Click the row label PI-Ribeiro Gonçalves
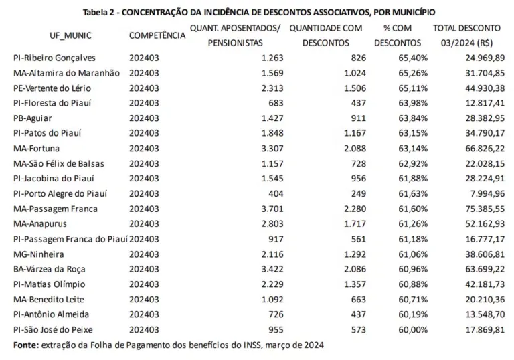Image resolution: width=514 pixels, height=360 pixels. point(55,58)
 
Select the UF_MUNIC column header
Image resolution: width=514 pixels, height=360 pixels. point(70,35)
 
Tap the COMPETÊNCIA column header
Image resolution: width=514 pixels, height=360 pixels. point(157,35)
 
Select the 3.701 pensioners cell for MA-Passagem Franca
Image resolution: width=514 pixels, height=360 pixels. point(271,209)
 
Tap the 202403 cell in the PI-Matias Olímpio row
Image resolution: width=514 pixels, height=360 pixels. point(144,284)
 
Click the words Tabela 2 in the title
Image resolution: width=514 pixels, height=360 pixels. point(101,13)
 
